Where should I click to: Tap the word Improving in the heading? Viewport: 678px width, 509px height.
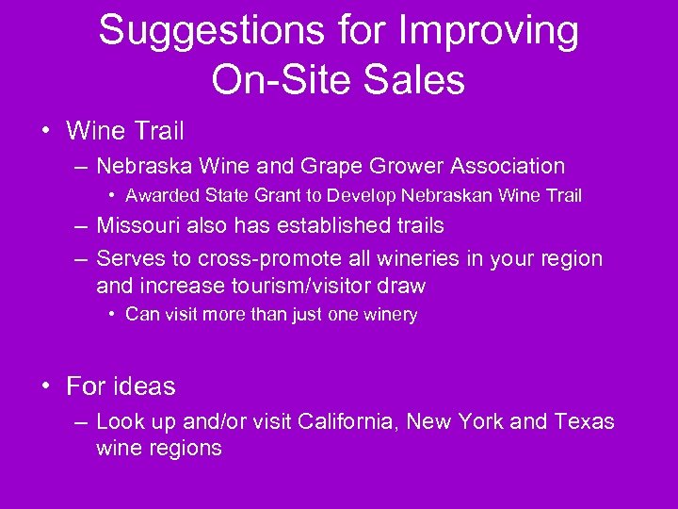click(x=490, y=31)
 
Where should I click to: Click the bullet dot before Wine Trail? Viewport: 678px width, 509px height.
click(x=46, y=129)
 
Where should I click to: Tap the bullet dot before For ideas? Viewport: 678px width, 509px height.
click(x=46, y=386)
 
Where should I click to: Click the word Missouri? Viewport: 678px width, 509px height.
click(x=137, y=226)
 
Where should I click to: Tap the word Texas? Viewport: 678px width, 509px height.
click(x=583, y=421)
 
